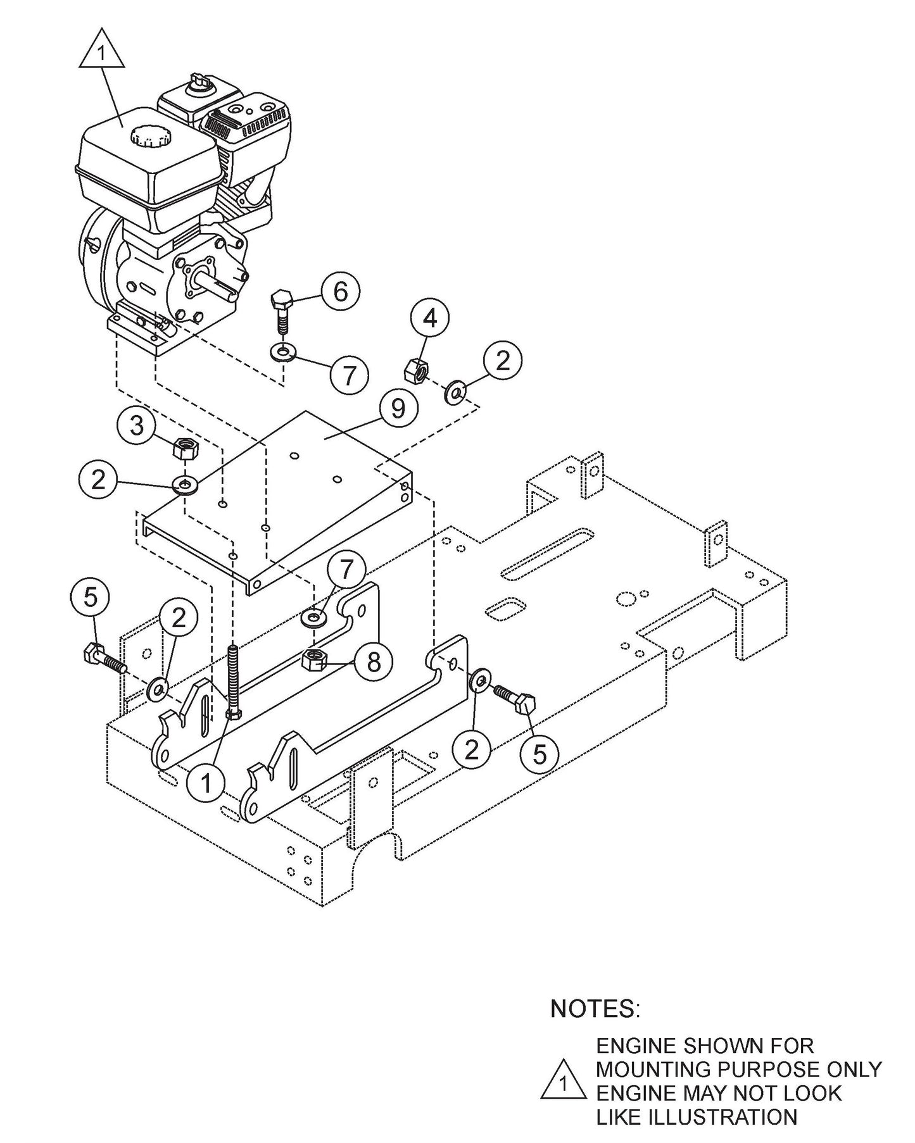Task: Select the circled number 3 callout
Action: point(137,426)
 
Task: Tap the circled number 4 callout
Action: point(430,318)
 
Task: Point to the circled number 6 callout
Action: point(340,292)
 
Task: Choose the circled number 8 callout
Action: point(374,663)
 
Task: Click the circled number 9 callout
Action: point(398,409)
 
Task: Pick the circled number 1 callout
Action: point(206,784)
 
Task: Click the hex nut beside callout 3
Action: point(185,449)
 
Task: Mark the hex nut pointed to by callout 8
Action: point(313,661)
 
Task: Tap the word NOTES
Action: point(595,1008)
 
